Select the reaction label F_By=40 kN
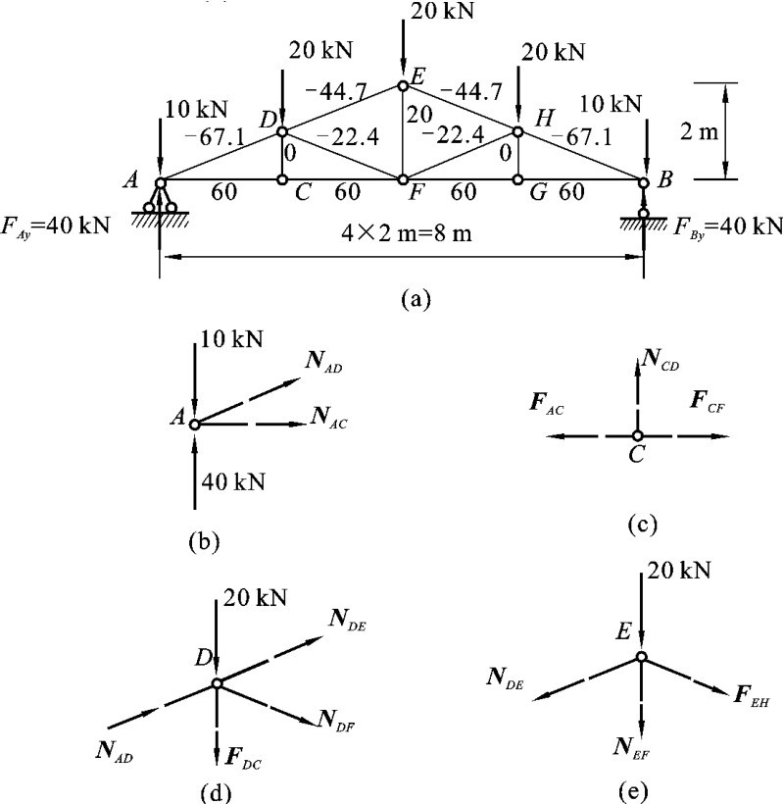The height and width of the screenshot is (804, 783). click(728, 226)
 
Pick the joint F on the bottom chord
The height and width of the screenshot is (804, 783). click(402, 179)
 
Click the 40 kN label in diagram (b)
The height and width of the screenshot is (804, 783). click(231, 481)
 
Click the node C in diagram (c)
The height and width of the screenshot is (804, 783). click(637, 435)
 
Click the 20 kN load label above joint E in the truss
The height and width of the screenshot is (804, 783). click(433, 12)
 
